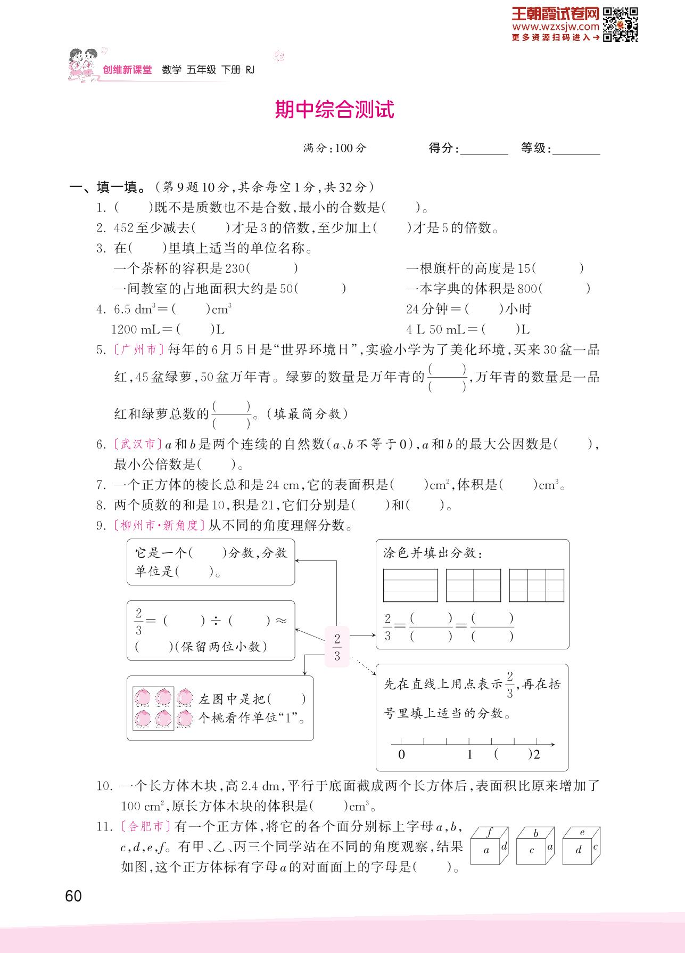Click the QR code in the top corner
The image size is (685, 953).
621,24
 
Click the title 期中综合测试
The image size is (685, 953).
334,110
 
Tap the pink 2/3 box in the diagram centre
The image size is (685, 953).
337,647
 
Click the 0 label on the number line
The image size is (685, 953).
401,754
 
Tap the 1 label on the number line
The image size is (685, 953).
469,754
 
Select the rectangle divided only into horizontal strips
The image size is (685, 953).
410,585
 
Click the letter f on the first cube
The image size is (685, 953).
489,832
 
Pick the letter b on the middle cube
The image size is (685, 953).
536,833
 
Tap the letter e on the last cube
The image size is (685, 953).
582,832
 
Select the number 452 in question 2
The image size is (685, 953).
123,228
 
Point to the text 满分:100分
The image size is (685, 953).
335,148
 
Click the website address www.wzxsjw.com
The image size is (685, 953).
556,27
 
